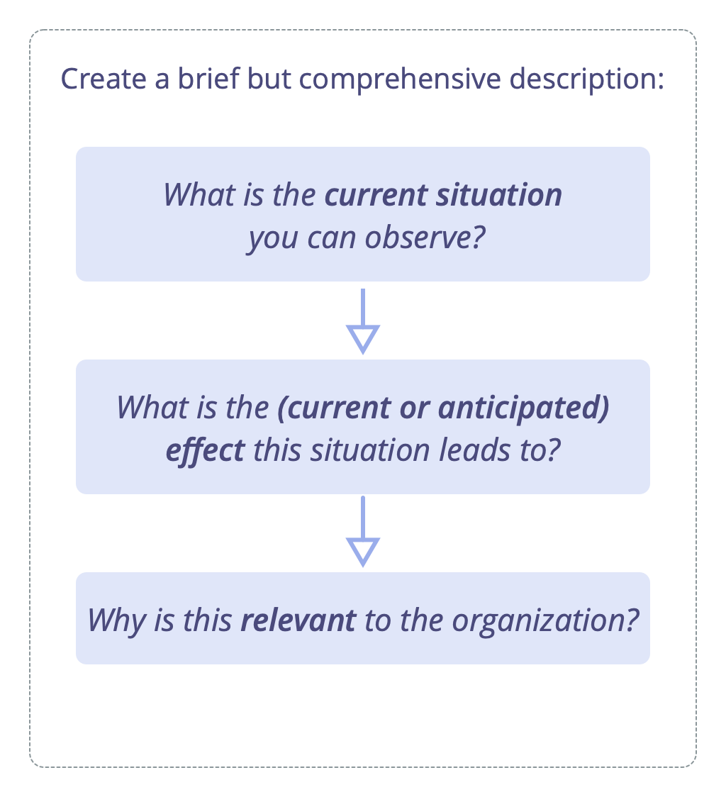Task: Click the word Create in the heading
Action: [104, 79]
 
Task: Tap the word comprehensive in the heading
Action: [400, 80]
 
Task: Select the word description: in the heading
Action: [587, 80]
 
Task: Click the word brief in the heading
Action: [208, 79]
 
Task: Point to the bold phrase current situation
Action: [443, 195]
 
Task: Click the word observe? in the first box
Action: [425, 238]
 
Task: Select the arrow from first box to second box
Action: [363, 321]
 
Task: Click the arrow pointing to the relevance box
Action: [363, 531]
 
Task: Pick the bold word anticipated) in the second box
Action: [523, 408]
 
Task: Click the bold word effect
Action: [206, 451]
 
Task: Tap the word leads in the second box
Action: [474, 450]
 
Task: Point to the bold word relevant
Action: [298, 620]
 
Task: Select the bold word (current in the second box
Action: [334, 408]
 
